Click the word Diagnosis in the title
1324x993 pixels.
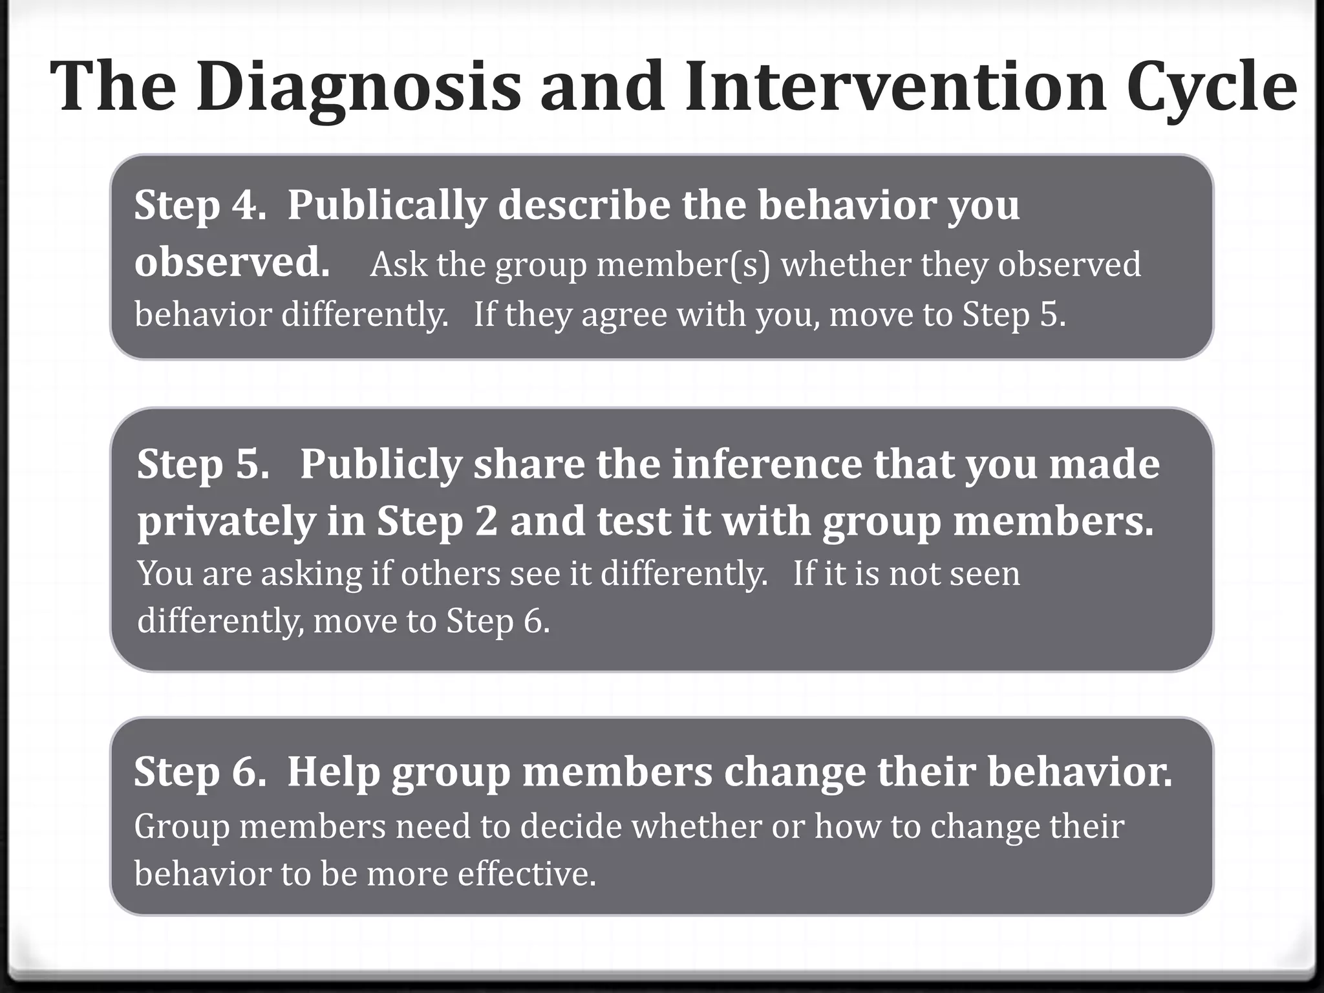[359, 87]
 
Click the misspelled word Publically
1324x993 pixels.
[386, 206]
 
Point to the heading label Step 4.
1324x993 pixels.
[200, 206]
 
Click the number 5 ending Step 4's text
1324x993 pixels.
[1049, 315]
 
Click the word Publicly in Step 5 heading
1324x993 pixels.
[381, 464]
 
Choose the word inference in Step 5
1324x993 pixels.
[767, 464]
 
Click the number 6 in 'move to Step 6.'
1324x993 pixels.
[534, 621]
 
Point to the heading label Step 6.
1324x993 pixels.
[200, 772]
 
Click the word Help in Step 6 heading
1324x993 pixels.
[333, 772]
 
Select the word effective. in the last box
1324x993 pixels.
[526, 874]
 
